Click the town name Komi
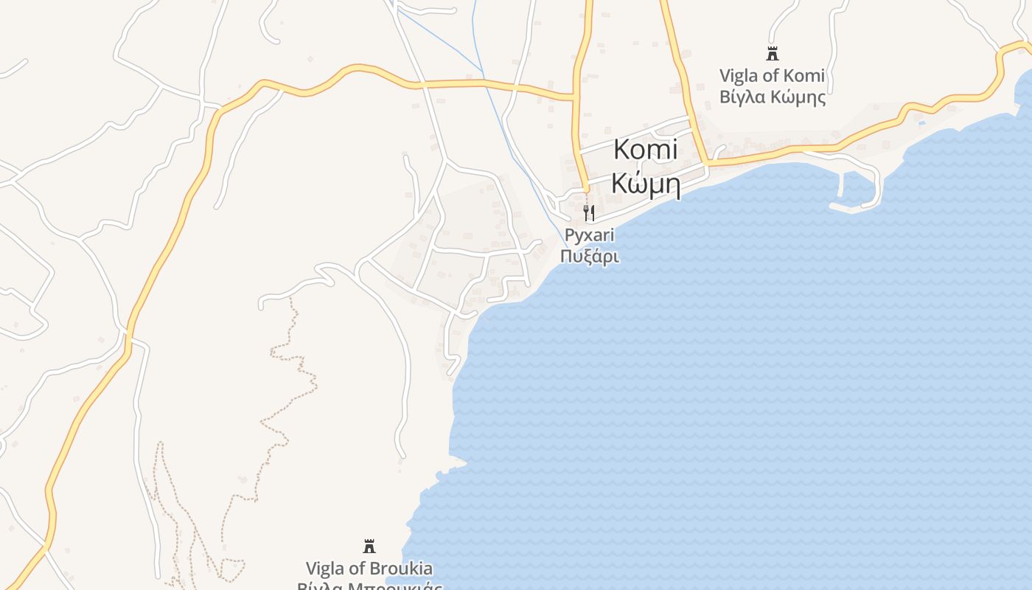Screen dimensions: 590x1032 [645, 150]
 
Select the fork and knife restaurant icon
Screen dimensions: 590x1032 [588, 213]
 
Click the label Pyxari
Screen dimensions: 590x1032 [589, 235]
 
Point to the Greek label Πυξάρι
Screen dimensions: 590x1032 [589, 257]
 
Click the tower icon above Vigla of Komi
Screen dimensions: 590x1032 [773, 54]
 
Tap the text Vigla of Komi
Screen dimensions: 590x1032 [772, 76]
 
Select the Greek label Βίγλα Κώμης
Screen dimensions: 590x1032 [772, 97]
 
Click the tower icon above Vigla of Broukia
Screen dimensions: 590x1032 [369, 546]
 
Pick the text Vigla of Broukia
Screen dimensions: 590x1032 [369, 569]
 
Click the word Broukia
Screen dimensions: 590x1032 [402, 569]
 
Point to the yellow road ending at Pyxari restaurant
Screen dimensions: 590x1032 [580, 147]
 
